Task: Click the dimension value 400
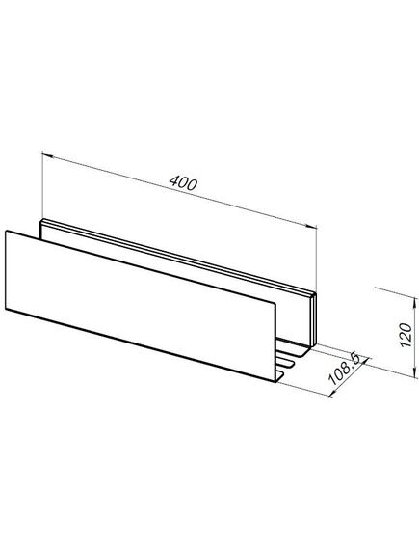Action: pyautogui.click(x=183, y=183)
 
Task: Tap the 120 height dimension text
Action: pyautogui.click(x=406, y=335)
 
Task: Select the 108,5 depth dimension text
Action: pyautogui.click(x=344, y=370)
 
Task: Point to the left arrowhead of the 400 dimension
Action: pyautogui.click(x=47, y=155)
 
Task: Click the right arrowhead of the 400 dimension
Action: pyautogui.click(x=312, y=227)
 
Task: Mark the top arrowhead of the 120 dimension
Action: pyautogui.click(x=415, y=303)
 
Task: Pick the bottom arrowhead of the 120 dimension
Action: pyautogui.click(x=415, y=372)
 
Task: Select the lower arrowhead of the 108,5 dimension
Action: pyautogui.click(x=333, y=393)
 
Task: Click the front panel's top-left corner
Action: pyautogui.click(x=6, y=231)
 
